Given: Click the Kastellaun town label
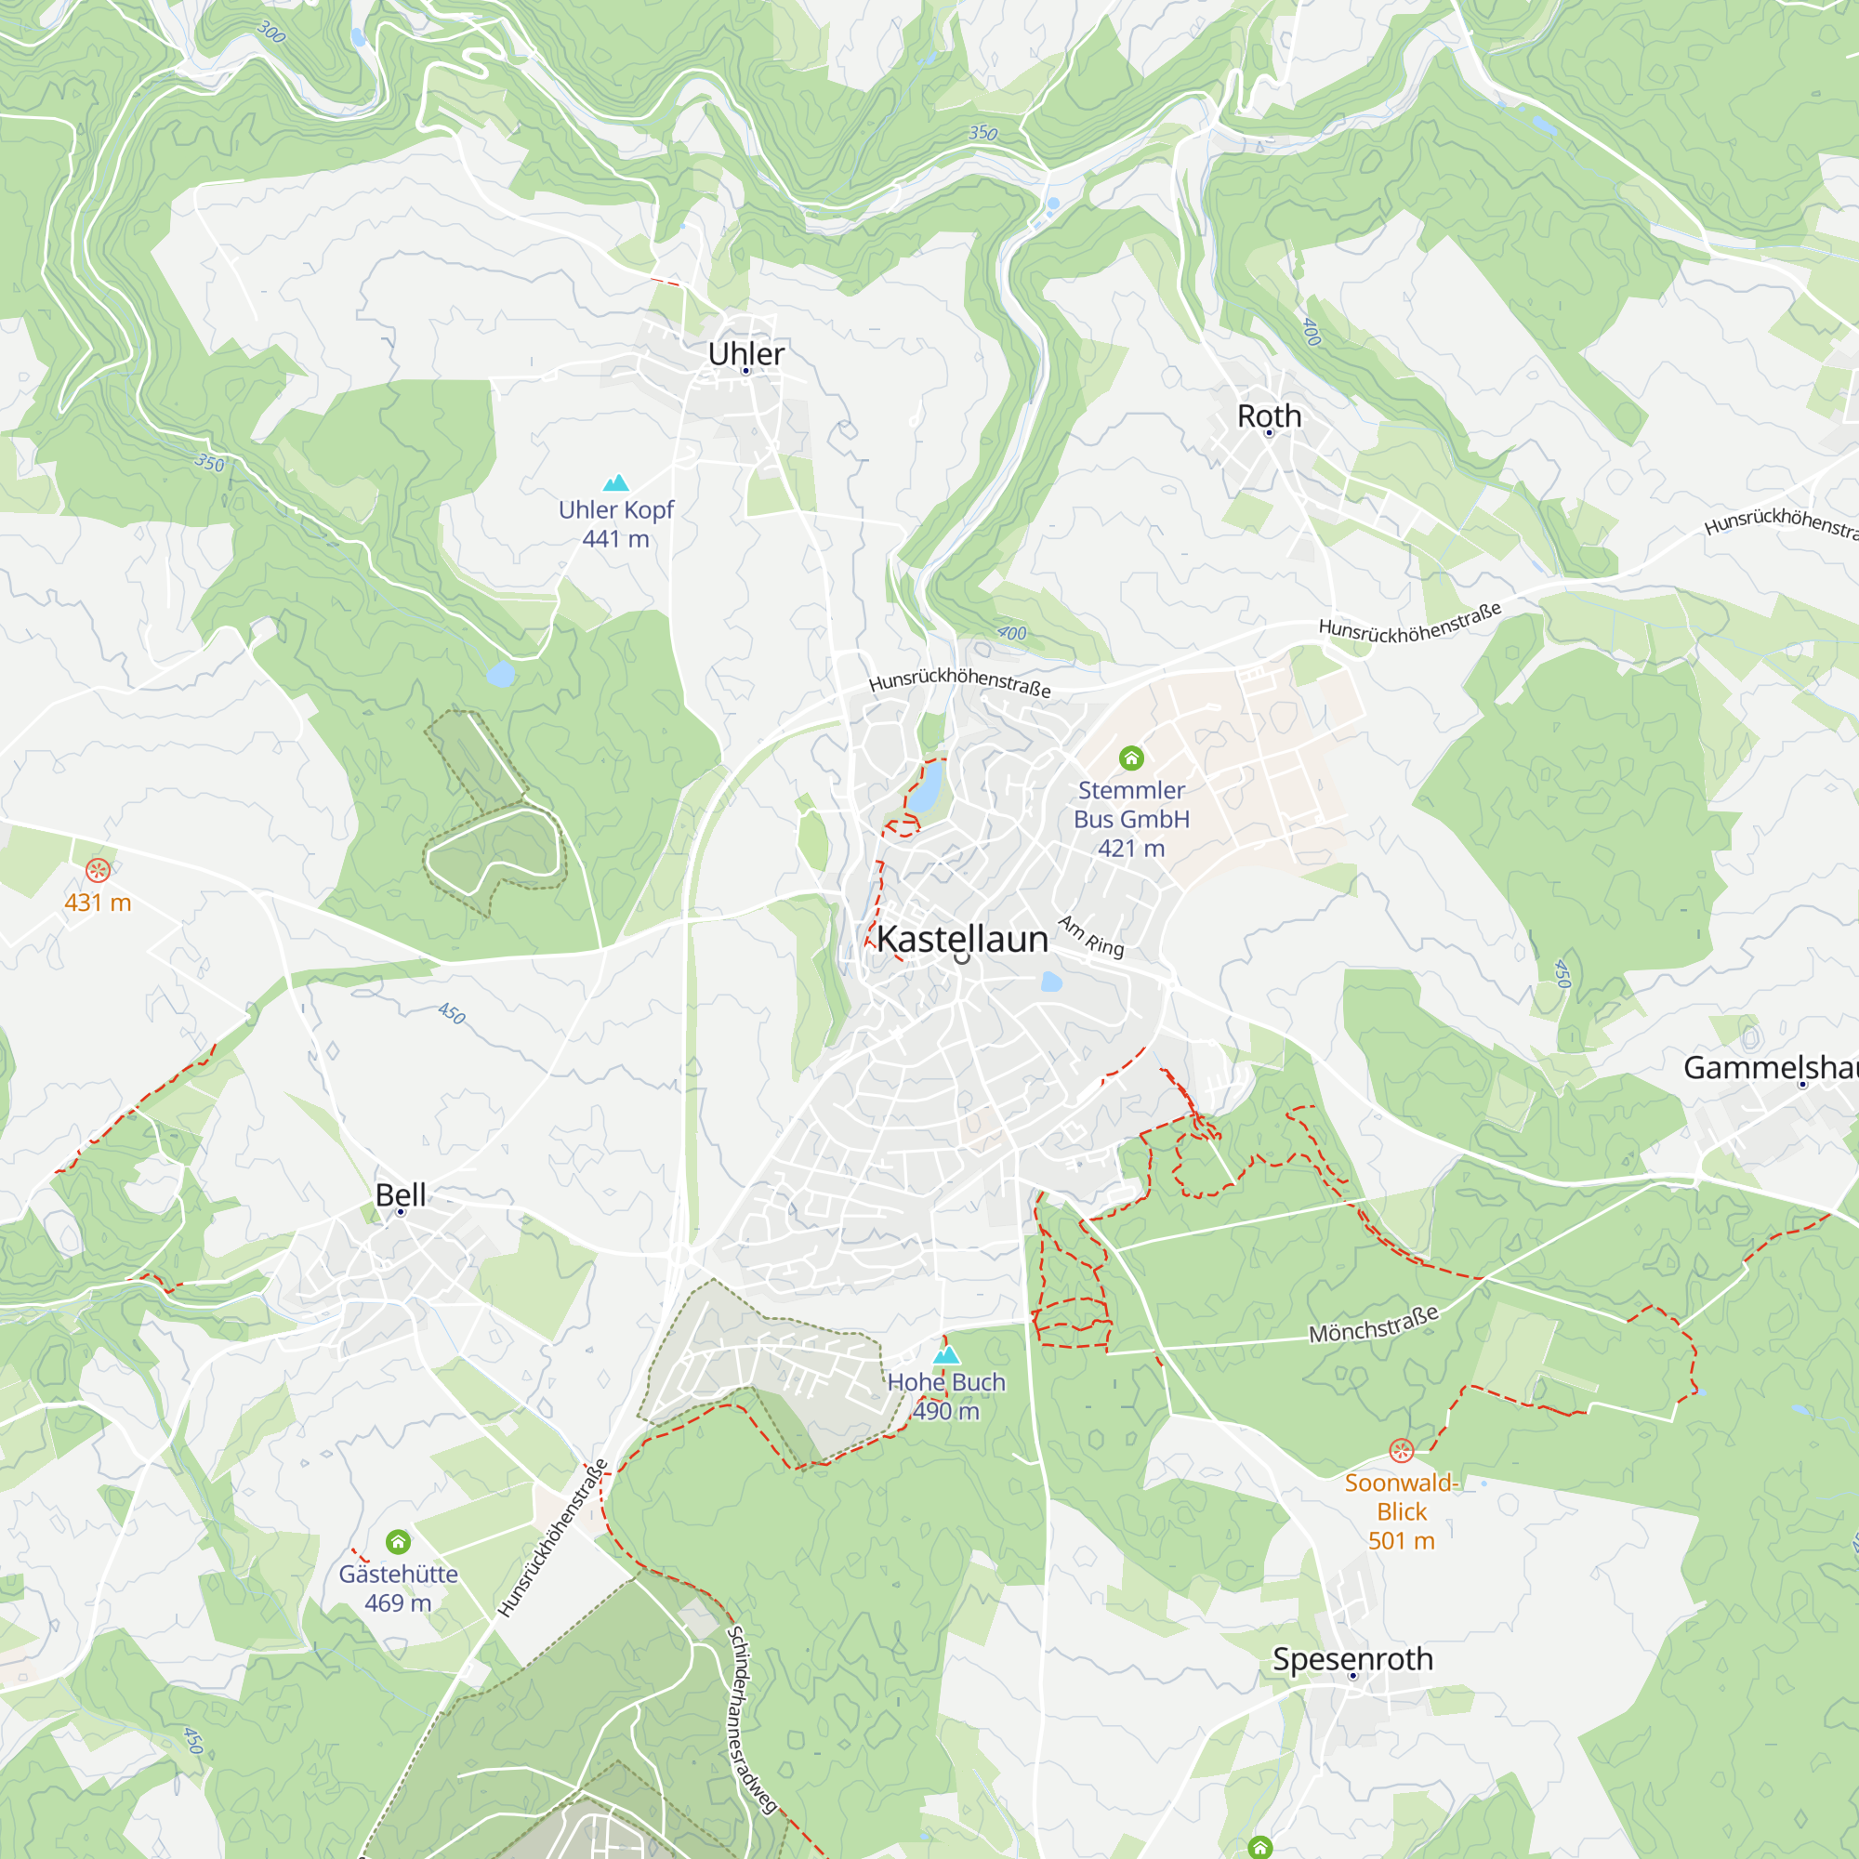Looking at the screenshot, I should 961,939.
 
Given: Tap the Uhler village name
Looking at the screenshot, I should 745,353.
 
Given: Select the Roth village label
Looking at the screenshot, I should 1268,415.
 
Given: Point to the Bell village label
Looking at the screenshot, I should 401,1194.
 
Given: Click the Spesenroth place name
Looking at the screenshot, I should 1351,1659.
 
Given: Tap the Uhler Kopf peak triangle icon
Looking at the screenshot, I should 616,482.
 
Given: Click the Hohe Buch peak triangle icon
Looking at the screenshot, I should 947,1355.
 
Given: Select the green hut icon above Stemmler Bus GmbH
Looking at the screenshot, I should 1130,758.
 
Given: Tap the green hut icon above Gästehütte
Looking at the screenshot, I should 399,1542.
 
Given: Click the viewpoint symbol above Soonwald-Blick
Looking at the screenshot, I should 1401,1450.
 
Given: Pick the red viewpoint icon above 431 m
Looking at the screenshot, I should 98,871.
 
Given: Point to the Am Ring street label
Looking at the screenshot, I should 1091,936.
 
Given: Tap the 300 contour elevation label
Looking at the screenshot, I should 271,33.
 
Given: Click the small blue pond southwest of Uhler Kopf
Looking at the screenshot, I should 500,674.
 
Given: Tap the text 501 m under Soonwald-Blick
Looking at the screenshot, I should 1401,1540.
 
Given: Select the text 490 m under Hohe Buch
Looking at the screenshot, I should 946,1412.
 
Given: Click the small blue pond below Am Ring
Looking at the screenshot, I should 1050,982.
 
